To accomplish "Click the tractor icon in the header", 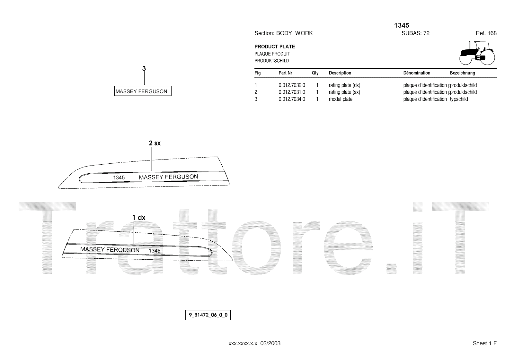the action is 477,53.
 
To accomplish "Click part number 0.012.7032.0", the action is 292,85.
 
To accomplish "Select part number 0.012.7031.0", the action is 292,92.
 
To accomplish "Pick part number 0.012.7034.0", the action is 292,99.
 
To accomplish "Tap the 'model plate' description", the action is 341,99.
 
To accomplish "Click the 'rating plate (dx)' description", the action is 344,85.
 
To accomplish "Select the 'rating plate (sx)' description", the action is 344,92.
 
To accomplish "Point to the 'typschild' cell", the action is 459,99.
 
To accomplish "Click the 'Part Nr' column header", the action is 285,73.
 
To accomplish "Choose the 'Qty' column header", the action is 315,73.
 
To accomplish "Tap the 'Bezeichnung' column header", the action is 462,73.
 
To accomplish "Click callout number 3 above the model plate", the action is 144,68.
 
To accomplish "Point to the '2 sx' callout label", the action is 155,143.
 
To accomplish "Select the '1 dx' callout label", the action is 139,218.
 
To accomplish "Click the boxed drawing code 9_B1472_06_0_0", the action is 208,315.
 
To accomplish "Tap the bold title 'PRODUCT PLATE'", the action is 275,47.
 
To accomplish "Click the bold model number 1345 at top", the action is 402,25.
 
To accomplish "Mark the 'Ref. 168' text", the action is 486,33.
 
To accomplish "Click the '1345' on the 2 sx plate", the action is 119,177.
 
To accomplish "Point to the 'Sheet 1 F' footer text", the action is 484,343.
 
